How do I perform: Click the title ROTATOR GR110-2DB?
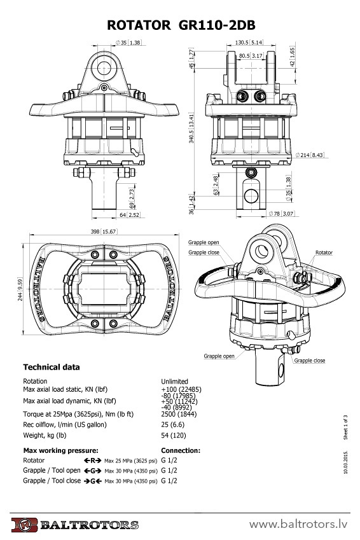pos(181,25)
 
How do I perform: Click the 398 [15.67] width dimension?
pos(103,232)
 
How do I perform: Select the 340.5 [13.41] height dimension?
pos(191,128)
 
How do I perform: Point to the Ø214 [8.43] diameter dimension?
pos(310,155)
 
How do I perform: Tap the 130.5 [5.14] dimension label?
pos(249,43)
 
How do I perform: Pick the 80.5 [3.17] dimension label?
pos(251,55)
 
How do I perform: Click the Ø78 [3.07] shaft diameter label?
pos(281,214)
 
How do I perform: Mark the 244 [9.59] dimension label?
pos(20,289)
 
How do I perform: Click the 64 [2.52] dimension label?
pos(130,215)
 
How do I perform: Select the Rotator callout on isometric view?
pos(324,253)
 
